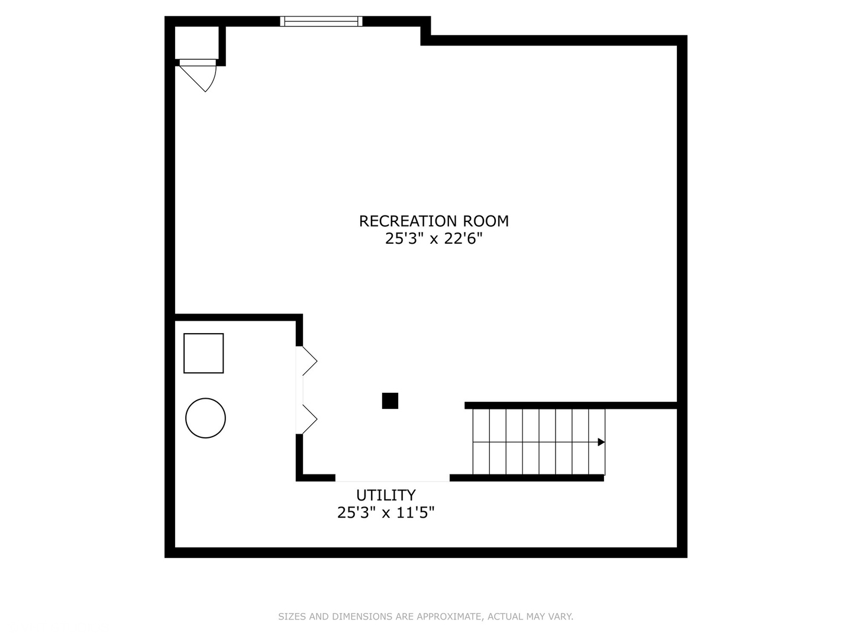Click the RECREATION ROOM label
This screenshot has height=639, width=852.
point(434,221)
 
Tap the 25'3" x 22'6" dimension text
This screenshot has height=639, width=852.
point(434,238)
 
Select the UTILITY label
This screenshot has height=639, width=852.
point(386,495)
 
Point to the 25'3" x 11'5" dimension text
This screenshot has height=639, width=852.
point(386,513)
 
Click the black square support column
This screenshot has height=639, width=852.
point(390,401)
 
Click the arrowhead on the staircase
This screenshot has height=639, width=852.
point(601,442)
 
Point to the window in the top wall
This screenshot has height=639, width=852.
point(321,21)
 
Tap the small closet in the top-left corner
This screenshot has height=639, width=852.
point(197,43)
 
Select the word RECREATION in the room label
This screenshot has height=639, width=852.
point(408,221)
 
